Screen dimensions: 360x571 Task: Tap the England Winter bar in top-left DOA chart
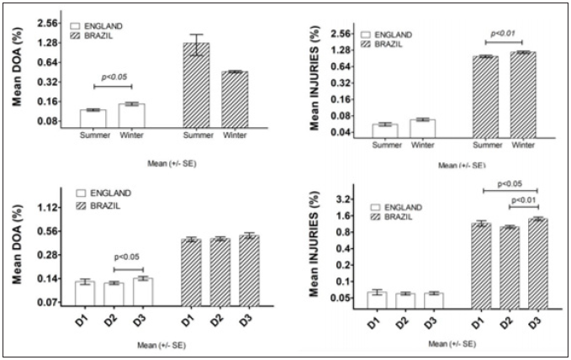[x=132, y=115]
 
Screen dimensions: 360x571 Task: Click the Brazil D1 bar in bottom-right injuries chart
[x=481, y=264]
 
